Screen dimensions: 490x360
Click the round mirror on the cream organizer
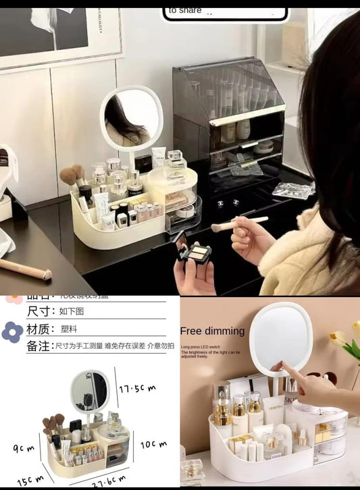[x=131, y=116]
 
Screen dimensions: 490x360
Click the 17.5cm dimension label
[x=138, y=389]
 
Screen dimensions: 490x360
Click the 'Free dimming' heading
[x=212, y=331]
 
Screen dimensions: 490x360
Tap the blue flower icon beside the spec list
[x=12, y=331]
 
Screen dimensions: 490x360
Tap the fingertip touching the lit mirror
[x=280, y=364]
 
